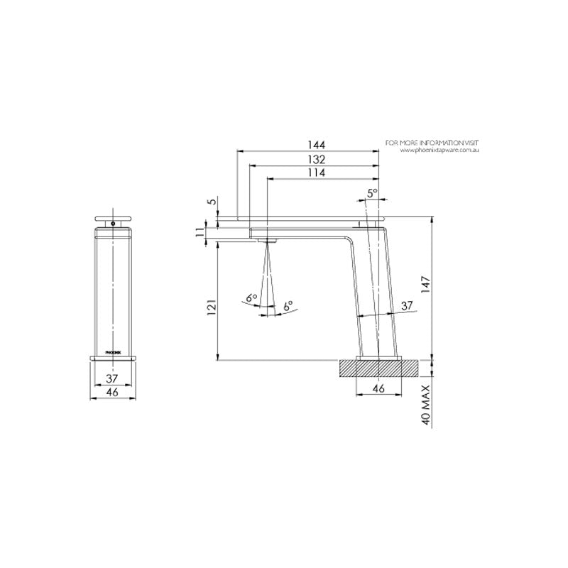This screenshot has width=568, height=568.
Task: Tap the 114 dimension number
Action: coord(317,173)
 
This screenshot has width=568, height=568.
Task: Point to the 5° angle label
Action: coord(373,193)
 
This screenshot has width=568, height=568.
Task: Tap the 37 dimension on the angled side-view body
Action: coord(407,305)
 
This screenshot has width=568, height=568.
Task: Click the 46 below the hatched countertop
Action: coord(378,388)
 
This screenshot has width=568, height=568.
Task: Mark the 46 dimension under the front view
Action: coord(111,392)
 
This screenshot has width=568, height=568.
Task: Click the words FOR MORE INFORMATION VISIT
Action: coord(432,143)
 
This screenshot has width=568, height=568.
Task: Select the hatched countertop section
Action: coord(378,368)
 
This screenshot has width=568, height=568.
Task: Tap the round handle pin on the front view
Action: coord(111,224)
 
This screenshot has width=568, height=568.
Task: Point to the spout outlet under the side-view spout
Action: coord(269,241)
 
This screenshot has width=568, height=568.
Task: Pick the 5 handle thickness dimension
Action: coord(211,202)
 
